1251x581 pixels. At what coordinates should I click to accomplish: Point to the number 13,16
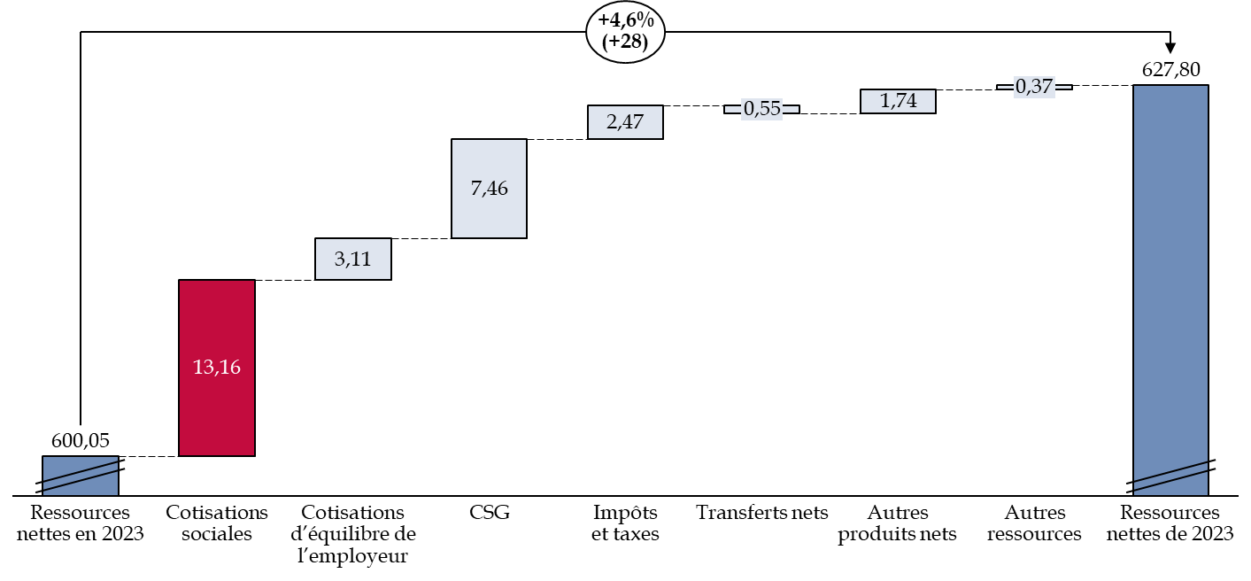tap(216, 367)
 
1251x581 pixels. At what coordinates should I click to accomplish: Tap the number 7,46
tap(489, 189)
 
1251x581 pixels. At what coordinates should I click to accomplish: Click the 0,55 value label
tap(761, 109)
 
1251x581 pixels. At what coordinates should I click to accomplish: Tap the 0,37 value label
tap(1034, 87)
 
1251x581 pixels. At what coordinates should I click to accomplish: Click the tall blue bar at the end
tap(1170, 266)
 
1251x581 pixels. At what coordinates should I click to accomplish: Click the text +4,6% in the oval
tap(625, 21)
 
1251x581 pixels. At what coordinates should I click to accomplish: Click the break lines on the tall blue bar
tap(1170, 476)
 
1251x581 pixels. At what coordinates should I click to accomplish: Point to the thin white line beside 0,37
tap(1062, 87)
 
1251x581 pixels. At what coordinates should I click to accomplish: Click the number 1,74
tap(898, 101)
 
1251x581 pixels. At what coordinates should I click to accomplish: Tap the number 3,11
tap(352, 259)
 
